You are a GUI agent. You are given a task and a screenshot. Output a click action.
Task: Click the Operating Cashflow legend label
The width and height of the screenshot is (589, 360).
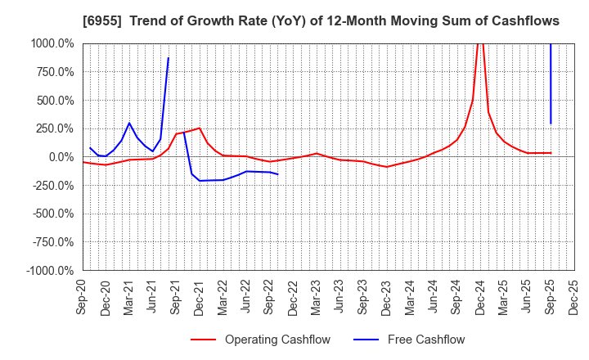pos(277,340)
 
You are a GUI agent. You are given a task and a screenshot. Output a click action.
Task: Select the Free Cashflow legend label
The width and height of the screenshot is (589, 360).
pos(425,340)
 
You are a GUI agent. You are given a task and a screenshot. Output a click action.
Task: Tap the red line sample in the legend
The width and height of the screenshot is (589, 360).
pos(204,340)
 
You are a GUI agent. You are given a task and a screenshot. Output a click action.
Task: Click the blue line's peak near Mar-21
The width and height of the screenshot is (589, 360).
pos(129,123)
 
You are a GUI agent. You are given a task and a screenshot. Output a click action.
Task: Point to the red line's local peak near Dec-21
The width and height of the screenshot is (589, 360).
pos(200,128)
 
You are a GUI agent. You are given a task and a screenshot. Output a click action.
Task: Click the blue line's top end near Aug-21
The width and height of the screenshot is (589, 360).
pos(169,58)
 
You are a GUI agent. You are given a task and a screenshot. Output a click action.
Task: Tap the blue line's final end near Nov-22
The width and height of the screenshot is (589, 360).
pos(278,174)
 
